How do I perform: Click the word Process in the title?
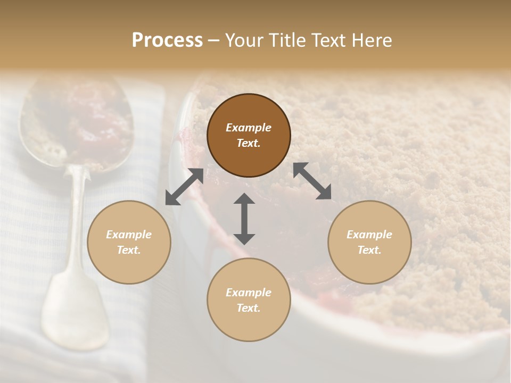167,40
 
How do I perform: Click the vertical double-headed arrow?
244,219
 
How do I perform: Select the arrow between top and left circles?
184,187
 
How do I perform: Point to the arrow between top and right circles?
312,181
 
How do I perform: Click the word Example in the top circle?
249,128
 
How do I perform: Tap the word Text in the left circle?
129,250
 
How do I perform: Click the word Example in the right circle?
369,235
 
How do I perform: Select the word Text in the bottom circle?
249,308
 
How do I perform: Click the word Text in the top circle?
249,143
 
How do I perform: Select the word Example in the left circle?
129,235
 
